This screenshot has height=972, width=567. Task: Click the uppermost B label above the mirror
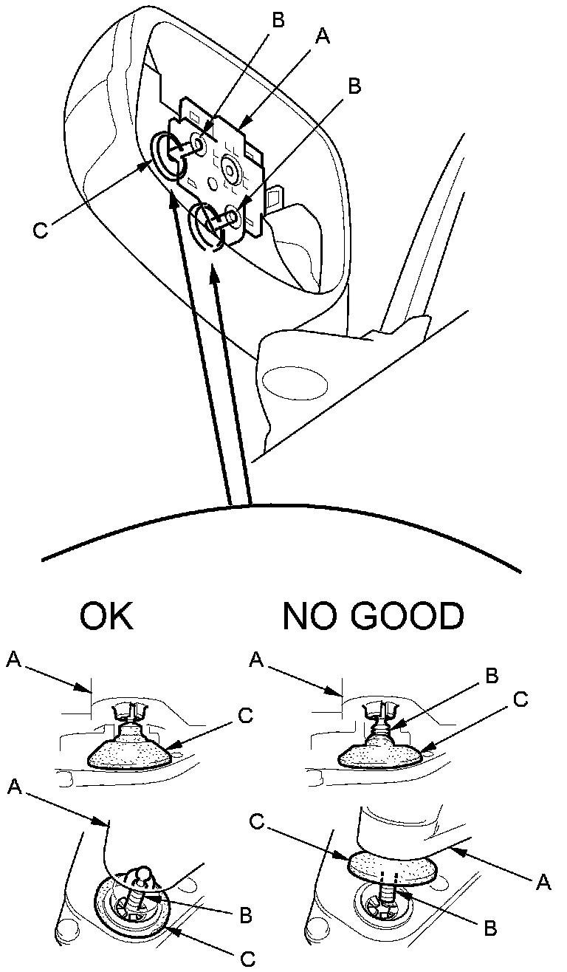(x=278, y=20)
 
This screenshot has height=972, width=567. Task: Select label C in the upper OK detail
(x=246, y=715)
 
